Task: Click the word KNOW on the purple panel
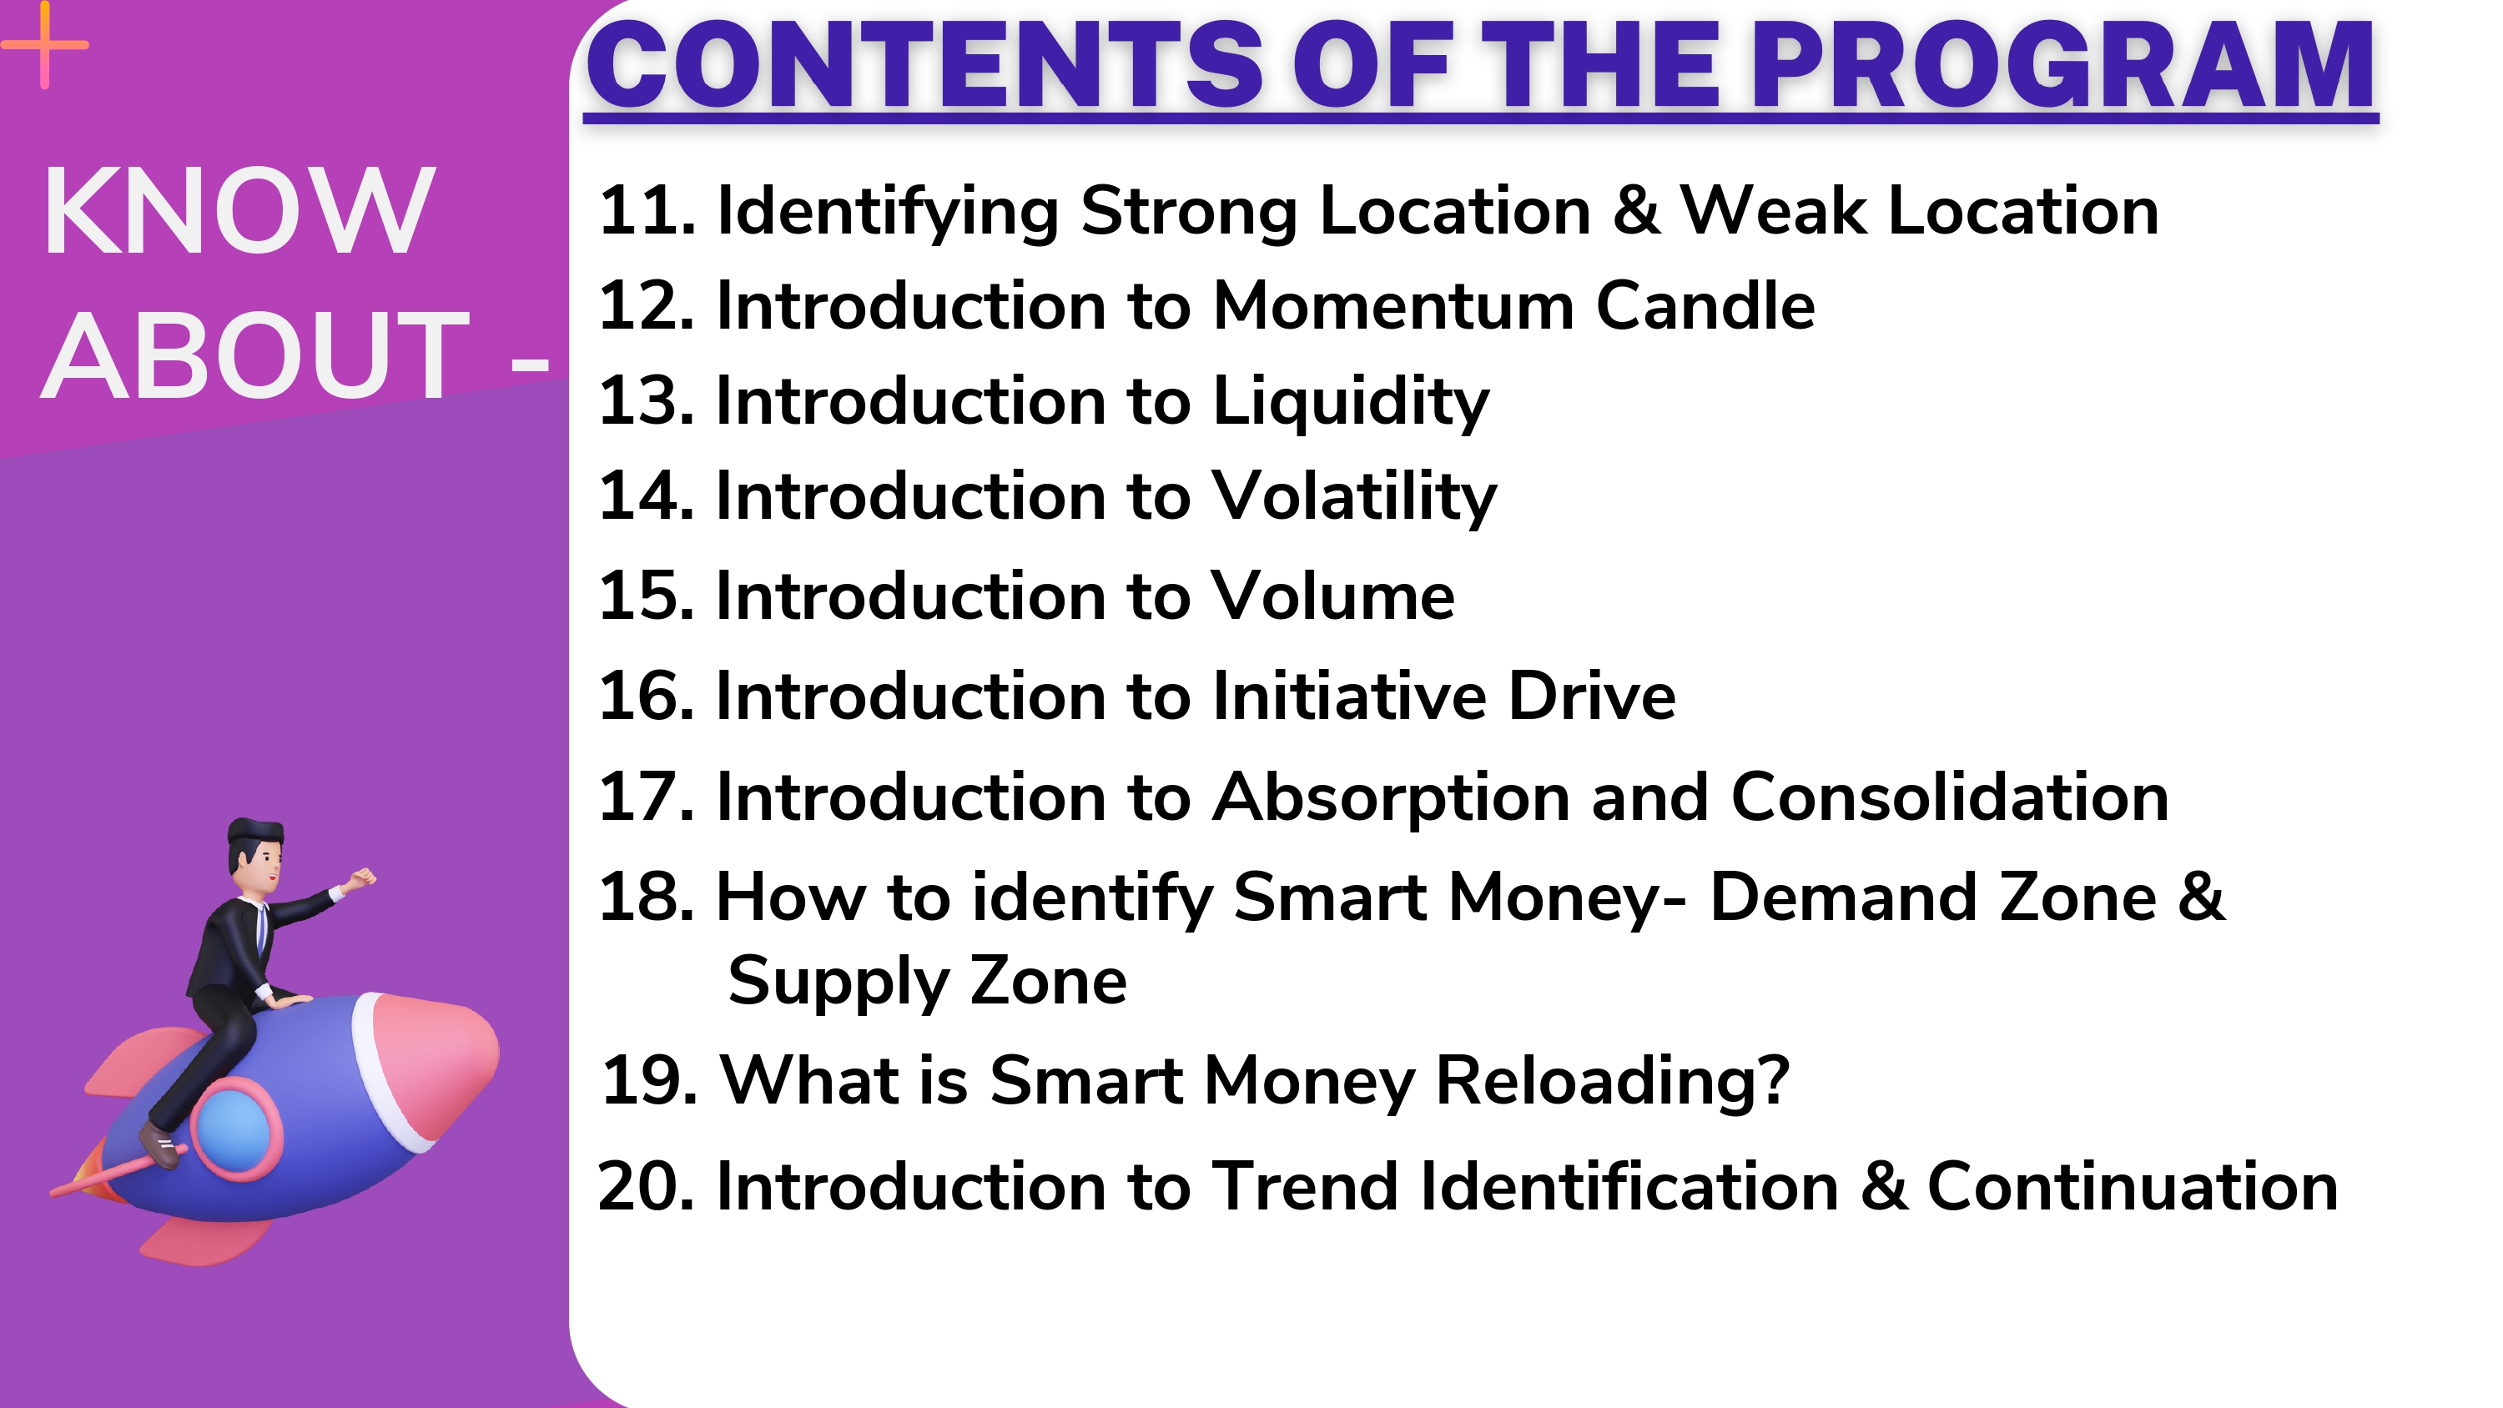pyautogui.click(x=238, y=211)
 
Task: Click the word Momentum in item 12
pyautogui.click(x=1393, y=306)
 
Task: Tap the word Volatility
pyautogui.click(x=1354, y=497)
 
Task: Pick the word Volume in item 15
pyautogui.click(x=1333, y=596)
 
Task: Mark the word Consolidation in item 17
pyautogui.click(x=1949, y=797)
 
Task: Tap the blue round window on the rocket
pyautogui.click(x=234, y=1132)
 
